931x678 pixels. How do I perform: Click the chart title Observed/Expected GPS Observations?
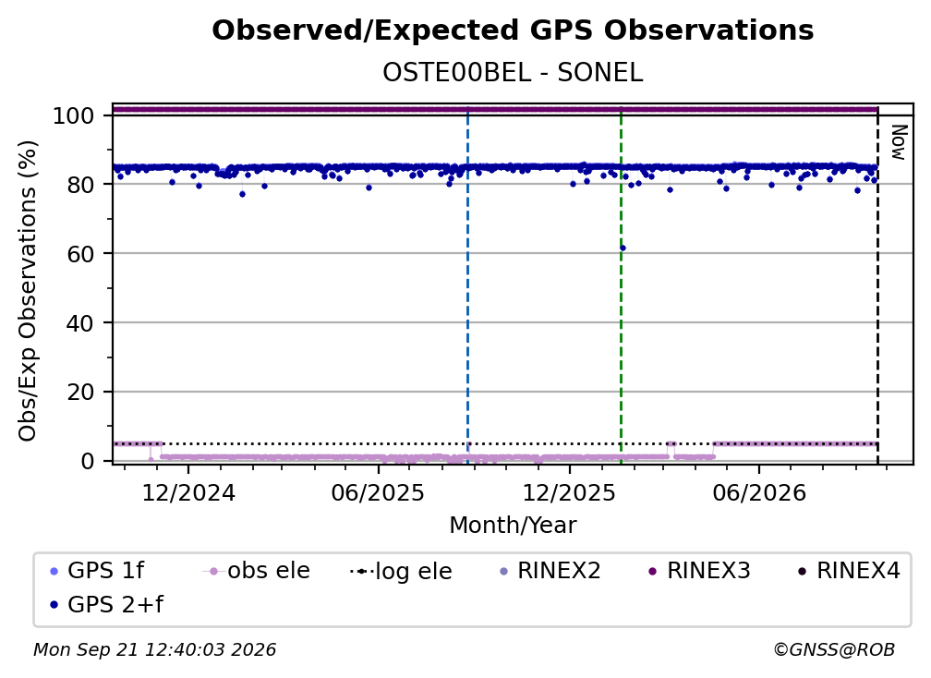(513, 30)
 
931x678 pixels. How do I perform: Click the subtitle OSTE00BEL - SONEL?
(513, 73)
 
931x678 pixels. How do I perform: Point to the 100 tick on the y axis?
(74, 115)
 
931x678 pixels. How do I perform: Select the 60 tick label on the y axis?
(80, 254)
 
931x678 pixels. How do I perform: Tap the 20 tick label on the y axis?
(80, 393)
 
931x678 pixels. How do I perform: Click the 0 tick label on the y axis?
(88, 461)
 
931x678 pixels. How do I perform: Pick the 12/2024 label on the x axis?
(188, 493)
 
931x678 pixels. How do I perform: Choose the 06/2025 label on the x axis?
(379, 493)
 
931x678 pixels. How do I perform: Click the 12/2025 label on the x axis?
(569, 493)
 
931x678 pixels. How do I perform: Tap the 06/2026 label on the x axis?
(759, 493)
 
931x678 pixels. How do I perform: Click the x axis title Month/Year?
(513, 526)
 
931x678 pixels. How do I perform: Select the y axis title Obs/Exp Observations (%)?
(28, 291)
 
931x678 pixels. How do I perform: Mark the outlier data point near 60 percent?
(623, 248)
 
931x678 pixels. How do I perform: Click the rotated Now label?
(899, 142)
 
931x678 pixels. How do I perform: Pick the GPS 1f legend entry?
(97, 571)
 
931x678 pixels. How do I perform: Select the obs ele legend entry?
(256, 571)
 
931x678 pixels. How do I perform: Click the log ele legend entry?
(401, 572)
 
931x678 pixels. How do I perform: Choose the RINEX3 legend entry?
(699, 571)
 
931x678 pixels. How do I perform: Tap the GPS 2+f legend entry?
(106, 605)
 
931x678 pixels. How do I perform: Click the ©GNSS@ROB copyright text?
(834, 650)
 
